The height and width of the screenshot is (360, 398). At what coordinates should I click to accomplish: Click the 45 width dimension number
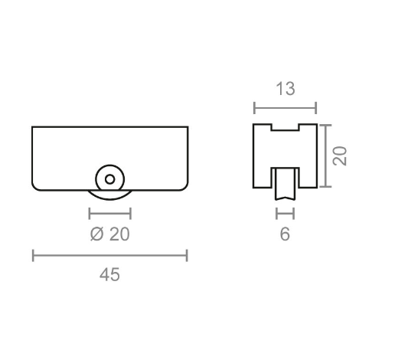[110, 274]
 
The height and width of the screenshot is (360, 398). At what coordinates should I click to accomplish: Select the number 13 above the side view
[285, 90]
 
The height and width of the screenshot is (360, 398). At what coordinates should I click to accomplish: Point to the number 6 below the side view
[285, 234]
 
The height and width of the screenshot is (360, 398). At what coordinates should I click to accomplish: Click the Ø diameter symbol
[96, 234]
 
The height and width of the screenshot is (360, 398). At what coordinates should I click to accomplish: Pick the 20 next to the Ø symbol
[119, 234]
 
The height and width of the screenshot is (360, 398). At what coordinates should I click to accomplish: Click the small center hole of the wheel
[109, 179]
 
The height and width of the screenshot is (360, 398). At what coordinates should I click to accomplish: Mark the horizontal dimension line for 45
[110, 255]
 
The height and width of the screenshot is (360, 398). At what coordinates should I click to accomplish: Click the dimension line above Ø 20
[109, 214]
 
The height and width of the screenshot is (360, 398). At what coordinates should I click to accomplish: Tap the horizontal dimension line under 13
[285, 108]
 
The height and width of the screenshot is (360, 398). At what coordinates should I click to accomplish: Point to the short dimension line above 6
[285, 214]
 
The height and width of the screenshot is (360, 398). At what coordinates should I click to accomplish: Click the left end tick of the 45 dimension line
[33, 255]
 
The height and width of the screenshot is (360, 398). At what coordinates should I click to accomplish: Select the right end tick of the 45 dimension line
[187, 255]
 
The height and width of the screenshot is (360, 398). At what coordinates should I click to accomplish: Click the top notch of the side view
[285, 126]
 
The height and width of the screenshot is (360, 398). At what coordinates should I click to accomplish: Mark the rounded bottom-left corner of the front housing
[36, 185]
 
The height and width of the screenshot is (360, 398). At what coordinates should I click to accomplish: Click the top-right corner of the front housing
[187, 127]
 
